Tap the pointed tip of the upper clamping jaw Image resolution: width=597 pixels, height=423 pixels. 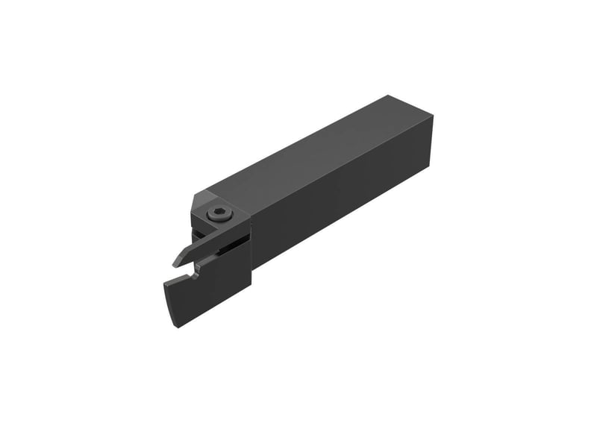tap(175, 263)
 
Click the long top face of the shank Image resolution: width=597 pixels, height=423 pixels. tap(313, 149)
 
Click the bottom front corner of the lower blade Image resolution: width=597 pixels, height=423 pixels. tap(178, 326)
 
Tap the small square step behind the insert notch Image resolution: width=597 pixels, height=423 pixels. tap(206, 262)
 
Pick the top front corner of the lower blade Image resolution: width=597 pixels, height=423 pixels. tap(162, 282)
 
